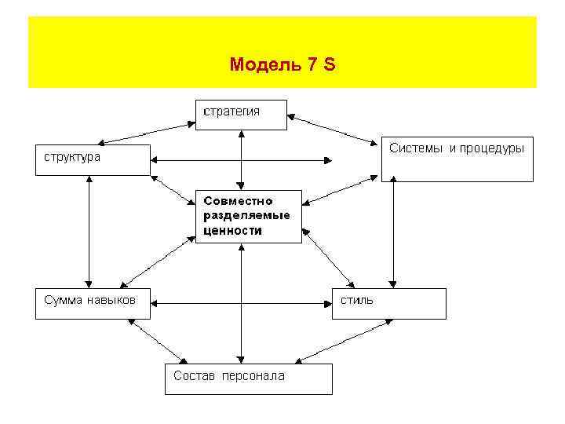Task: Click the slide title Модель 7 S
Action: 282,64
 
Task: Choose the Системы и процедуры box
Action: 457,159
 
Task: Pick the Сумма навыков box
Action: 93,303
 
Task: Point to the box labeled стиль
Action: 390,303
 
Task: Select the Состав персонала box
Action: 248,378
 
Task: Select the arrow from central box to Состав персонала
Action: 242,302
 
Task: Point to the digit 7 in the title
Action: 310,64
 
